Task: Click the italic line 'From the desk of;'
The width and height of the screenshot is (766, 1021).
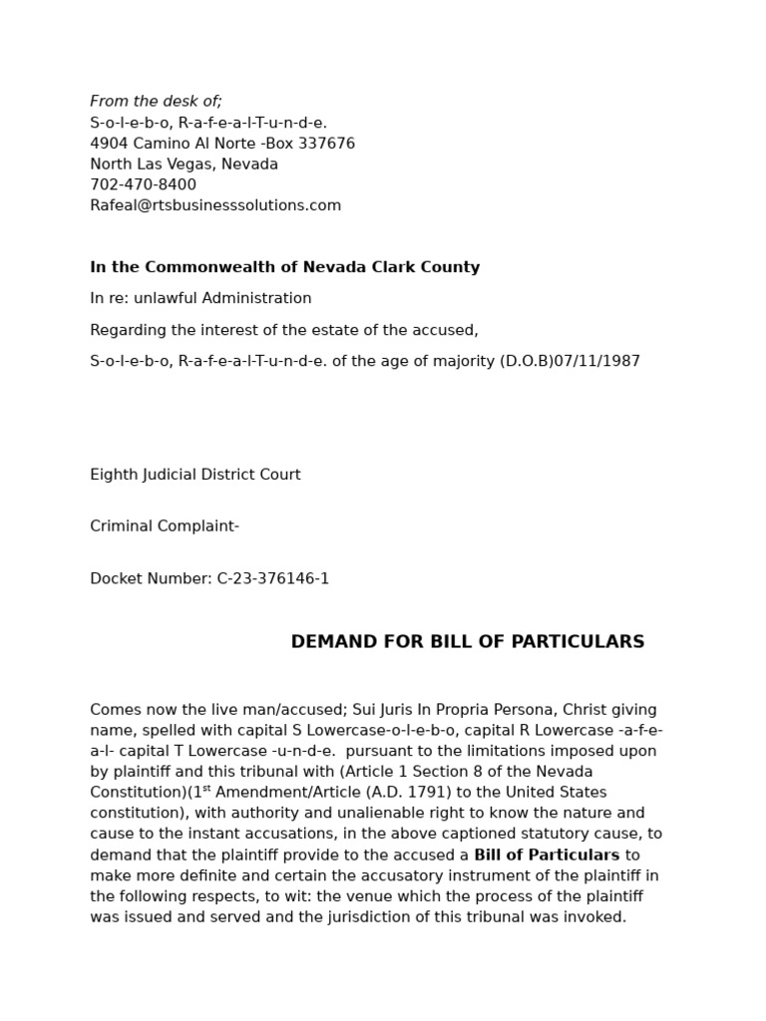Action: click(x=156, y=102)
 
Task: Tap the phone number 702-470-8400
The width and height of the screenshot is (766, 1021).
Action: click(x=143, y=184)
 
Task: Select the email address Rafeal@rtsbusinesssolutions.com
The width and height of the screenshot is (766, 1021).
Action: click(x=215, y=205)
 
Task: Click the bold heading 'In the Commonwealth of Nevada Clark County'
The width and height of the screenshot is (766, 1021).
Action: click(x=284, y=267)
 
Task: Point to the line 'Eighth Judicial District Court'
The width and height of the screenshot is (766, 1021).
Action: click(x=194, y=475)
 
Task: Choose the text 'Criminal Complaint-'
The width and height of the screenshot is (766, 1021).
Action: click(x=165, y=526)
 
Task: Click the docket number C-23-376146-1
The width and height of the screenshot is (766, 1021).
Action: click(x=272, y=578)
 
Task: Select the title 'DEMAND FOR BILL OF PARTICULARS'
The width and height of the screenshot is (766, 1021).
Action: click(x=467, y=642)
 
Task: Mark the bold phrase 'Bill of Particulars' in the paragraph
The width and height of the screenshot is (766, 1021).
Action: click(x=547, y=854)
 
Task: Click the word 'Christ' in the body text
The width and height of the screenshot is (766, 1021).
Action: click(x=586, y=710)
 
